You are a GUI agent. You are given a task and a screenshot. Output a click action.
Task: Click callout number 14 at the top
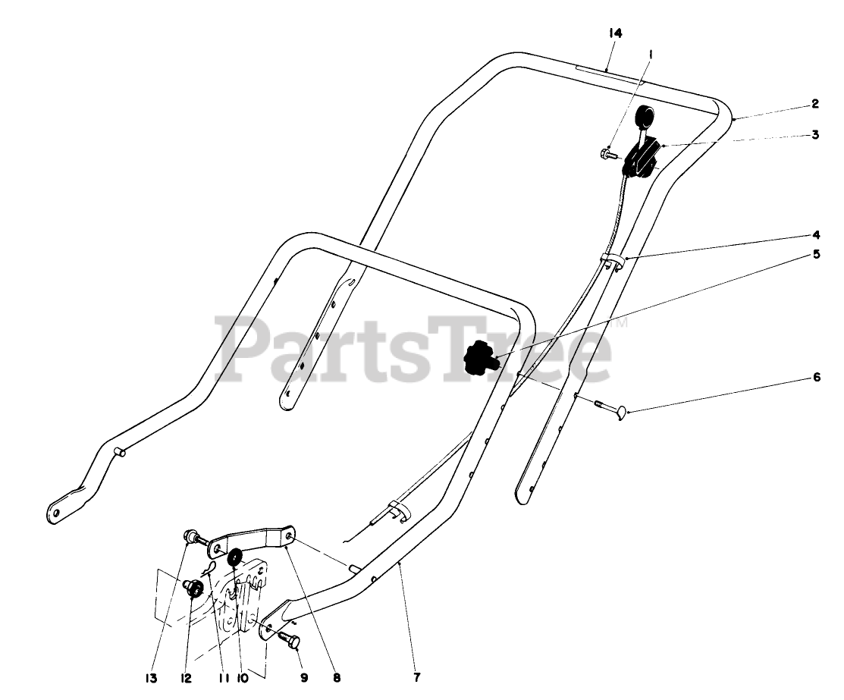pos(614,33)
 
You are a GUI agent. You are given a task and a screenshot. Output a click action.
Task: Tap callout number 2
pos(814,103)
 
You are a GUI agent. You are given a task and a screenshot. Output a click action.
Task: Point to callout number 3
pos(814,134)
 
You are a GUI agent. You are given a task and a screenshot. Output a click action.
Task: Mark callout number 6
pos(816,376)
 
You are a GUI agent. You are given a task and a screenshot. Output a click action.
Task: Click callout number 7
pos(416,676)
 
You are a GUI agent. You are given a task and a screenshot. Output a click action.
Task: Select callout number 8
pos(336,677)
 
